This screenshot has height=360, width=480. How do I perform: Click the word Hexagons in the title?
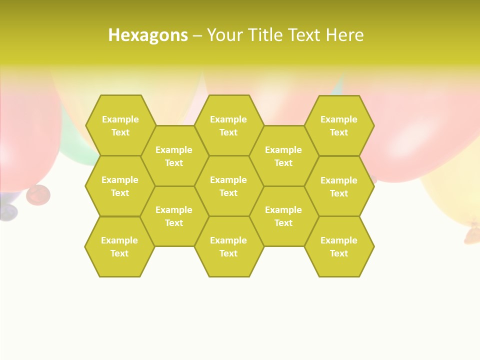pyautogui.click(x=148, y=35)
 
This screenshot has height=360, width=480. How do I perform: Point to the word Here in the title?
pyautogui.click(x=345, y=35)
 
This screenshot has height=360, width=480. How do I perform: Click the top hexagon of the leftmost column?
pyautogui.click(x=120, y=125)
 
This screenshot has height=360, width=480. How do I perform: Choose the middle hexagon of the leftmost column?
pyautogui.click(x=120, y=186)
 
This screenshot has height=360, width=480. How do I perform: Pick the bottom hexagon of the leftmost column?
pyautogui.click(x=119, y=246)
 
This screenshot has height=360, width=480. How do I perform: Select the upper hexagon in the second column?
pyautogui.click(x=174, y=156)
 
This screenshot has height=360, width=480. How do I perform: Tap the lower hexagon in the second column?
pyautogui.click(x=174, y=216)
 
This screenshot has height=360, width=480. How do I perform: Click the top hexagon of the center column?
pyautogui.click(x=228, y=125)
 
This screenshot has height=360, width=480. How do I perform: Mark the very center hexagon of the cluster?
pyautogui.click(x=228, y=186)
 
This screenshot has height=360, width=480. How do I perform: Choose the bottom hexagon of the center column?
pyautogui.click(x=228, y=246)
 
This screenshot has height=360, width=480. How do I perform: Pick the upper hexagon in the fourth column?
pyautogui.click(x=283, y=156)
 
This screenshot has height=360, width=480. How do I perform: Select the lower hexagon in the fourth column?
pyautogui.click(x=283, y=216)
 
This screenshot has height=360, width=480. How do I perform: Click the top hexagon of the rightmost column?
pyautogui.click(x=339, y=125)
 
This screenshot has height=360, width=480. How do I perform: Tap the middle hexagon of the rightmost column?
pyautogui.click(x=339, y=186)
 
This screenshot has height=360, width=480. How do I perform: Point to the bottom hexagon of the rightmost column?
pyautogui.click(x=339, y=246)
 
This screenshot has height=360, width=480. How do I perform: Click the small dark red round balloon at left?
pyautogui.click(x=37, y=194)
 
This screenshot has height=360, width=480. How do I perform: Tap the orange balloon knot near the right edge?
pyautogui.click(x=472, y=231)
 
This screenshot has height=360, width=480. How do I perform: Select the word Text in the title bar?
pyautogui.click(x=305, y=35)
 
